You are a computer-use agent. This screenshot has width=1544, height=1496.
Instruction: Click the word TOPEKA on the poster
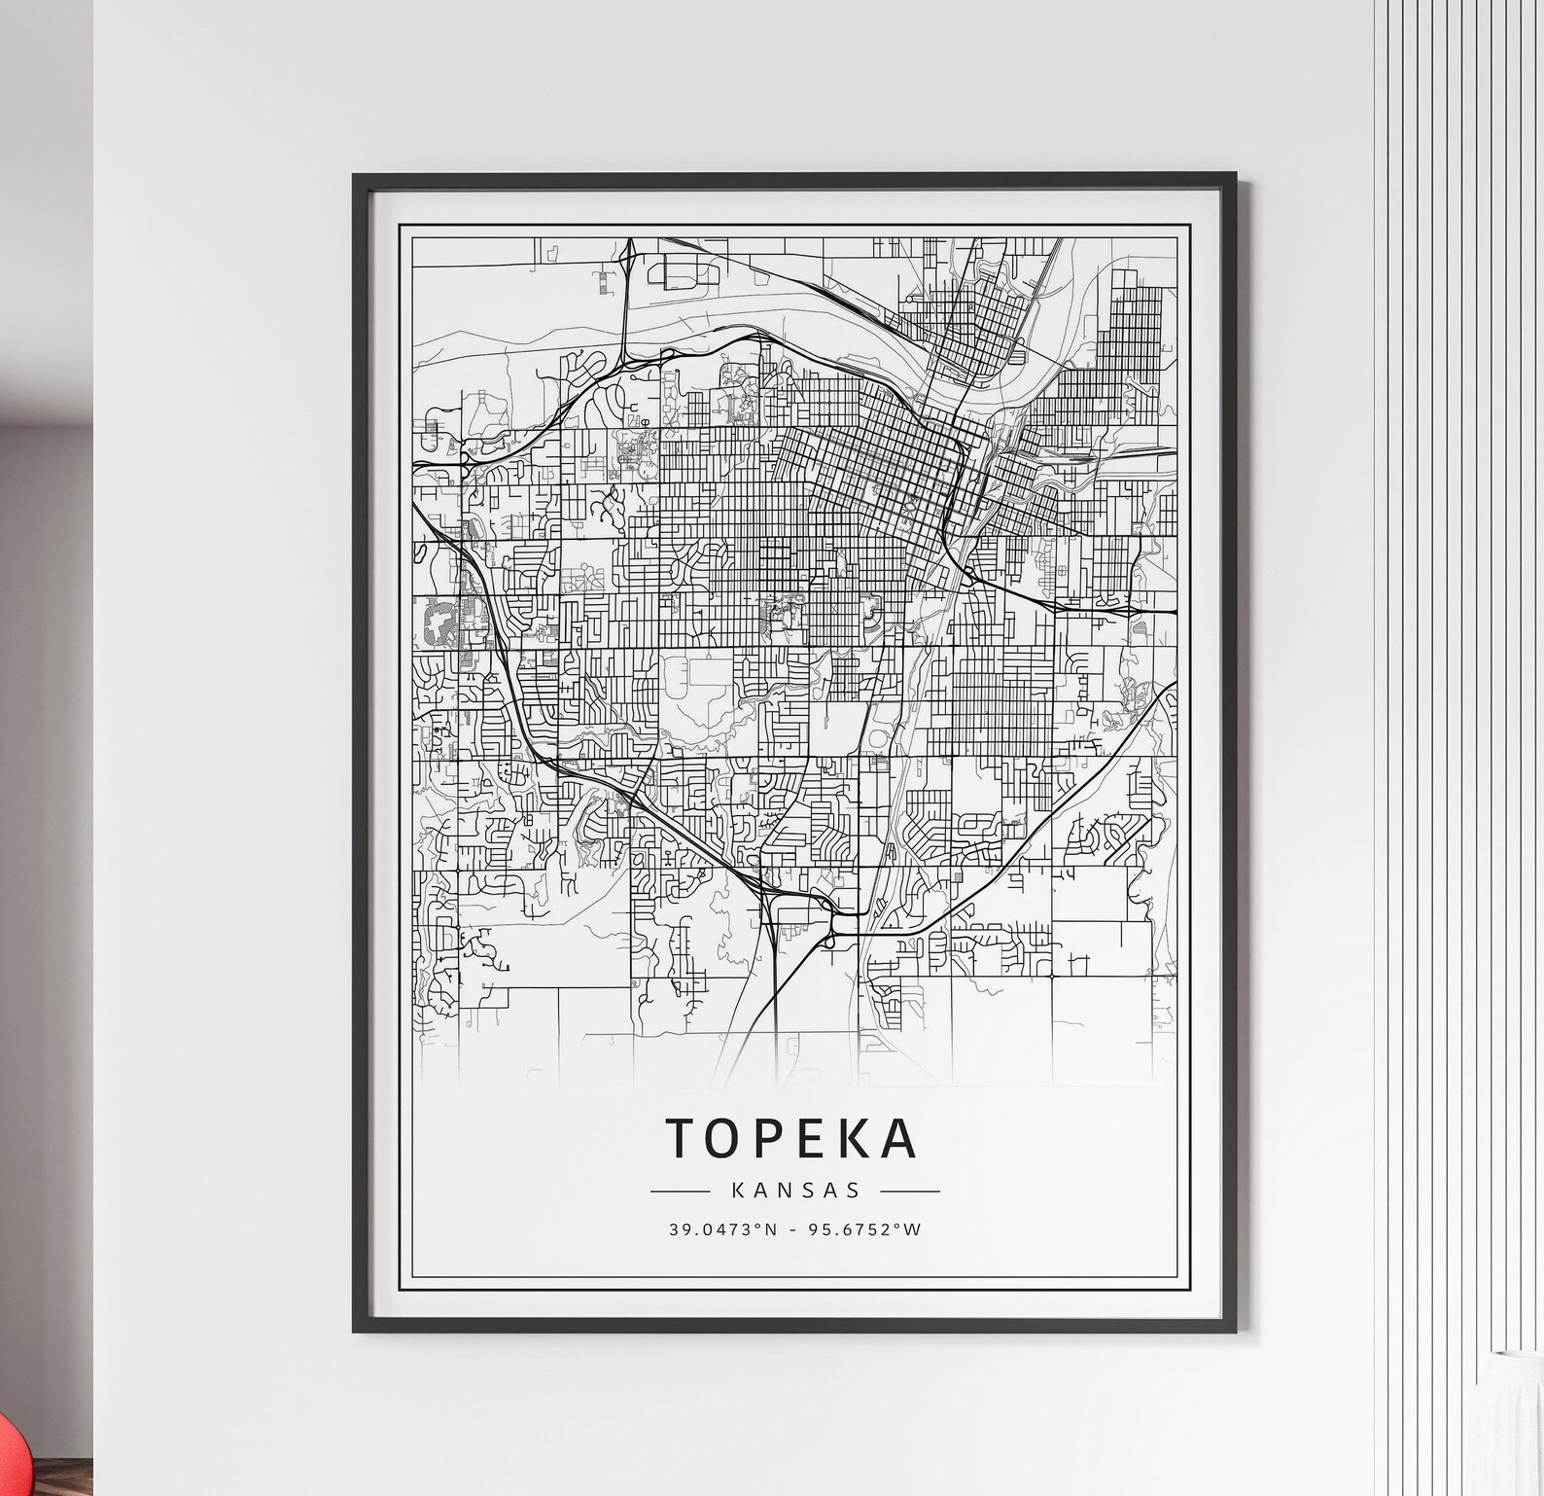click(791, 1138)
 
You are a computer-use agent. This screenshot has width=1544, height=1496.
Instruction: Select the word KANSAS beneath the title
click(794, 1190)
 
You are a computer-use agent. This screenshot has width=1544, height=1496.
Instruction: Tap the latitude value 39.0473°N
click(722, 1229)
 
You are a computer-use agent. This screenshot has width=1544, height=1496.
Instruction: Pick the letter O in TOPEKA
click(725, 1138)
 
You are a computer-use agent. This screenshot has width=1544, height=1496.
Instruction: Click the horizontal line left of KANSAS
click(680, 1191)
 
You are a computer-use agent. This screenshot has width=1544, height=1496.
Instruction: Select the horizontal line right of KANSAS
click(909, 1191)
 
